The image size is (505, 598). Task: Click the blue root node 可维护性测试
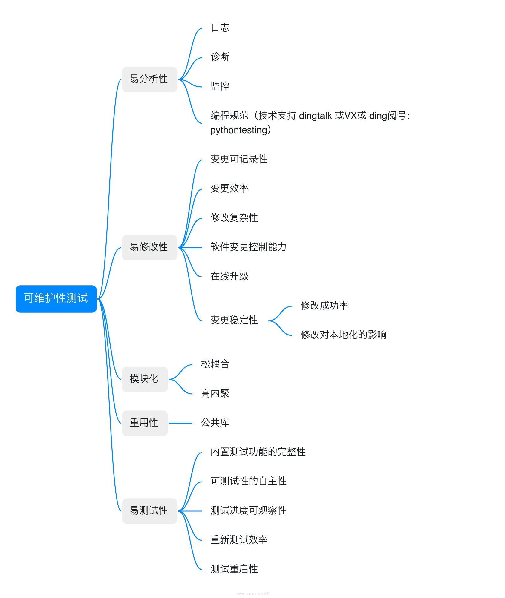coord(56,298)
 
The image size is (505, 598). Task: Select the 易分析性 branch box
coord(149,79)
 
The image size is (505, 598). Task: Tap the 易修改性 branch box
coord(149,247)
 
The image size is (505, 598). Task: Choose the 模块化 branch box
coord(145,379)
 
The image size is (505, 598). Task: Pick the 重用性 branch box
coord(145,423)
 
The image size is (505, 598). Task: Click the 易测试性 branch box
coord(149,511)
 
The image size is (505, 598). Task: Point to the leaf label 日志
coord(220,28)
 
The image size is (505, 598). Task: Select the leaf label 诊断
coord(220,57)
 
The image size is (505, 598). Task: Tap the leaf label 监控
coord(220,86)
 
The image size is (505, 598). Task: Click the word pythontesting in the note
coord(238,130)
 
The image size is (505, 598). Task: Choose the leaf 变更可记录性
coord(239,159)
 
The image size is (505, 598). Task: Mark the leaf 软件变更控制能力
coord(248,247)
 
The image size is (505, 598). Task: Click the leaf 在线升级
coord(229,276)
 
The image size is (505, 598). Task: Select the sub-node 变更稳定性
coord(234,320)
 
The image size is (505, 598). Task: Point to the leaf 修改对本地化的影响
coord(343,335)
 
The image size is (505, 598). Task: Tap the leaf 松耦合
coord(215,364)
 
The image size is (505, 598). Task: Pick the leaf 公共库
coord(215,423)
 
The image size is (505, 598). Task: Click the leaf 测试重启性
coord(234,569)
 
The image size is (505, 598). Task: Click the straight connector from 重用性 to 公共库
coord(180,423)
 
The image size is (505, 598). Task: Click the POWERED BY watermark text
coord(252,594)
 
